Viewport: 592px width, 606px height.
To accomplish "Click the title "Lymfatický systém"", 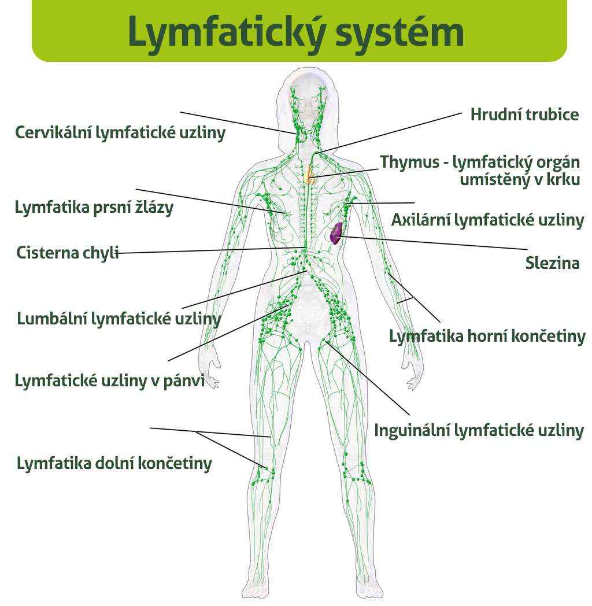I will coord(296,31).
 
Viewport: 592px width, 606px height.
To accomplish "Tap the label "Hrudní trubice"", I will coord(524,114).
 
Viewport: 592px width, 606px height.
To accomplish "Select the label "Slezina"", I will coord(552,264).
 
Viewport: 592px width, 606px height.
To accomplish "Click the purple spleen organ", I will coord(335,232).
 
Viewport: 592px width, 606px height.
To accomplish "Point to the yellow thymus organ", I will coord(310,173).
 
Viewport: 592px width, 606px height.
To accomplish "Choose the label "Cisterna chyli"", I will coord(68,253).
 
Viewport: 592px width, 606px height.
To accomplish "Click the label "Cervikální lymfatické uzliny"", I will coord(120,132).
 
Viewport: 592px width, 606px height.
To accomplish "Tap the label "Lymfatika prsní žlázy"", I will coord(94,208).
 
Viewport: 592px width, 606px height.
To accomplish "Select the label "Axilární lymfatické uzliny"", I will coord(487,220).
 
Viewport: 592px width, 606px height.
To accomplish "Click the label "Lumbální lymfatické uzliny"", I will coord(119,319).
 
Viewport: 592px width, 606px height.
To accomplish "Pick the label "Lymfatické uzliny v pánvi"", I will coord(109,380).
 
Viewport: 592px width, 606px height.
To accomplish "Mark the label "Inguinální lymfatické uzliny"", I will coord(479,431).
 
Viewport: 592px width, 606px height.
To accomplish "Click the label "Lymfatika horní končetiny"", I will coord(487,336).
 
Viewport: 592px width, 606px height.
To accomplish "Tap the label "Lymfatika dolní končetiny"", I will coord(114,463).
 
